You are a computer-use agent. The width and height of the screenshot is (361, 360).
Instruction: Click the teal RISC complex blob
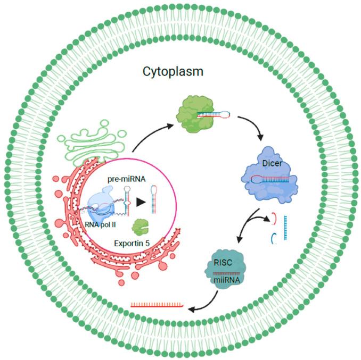pos(221,271)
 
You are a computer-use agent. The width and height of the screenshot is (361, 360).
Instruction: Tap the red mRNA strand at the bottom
pos(158,305)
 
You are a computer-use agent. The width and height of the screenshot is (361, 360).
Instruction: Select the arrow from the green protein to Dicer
pos(251,125)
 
